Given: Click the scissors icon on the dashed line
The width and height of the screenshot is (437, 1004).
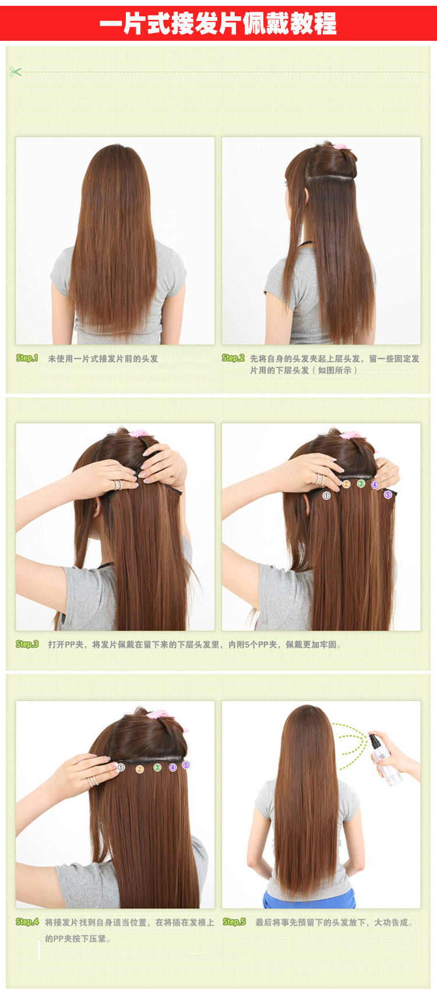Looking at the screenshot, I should [15, 72].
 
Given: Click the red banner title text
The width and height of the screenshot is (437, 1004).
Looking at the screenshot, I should [218, 23].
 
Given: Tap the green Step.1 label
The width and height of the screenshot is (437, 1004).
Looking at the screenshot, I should [27, 358].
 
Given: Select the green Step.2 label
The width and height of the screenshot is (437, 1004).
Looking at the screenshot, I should [233, 358].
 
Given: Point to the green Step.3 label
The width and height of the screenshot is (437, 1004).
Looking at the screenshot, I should [27, 644].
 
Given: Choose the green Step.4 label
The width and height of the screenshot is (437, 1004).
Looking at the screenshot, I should [27, 922].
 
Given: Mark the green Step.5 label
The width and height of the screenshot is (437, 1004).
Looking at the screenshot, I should [234, 922].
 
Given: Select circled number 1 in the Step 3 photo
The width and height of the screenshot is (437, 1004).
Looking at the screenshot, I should [326, 495].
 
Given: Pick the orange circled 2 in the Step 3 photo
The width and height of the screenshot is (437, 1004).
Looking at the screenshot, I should [346, 484].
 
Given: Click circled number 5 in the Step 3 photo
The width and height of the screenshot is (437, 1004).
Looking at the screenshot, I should [388, 495].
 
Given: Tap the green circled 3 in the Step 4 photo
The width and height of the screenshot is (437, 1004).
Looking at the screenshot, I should [157, 767].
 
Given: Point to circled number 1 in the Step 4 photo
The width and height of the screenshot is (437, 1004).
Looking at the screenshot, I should [121, 767].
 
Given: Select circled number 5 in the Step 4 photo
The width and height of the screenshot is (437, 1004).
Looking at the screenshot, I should [186, 765].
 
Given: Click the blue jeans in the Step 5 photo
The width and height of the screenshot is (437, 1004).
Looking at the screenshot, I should [309, 900].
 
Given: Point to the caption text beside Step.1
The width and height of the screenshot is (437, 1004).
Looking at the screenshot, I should [103, 359].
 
